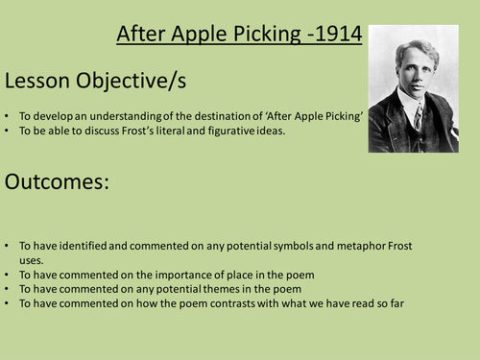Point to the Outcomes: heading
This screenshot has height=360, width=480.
tap(60, 182)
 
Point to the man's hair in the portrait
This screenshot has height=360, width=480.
tap(412, 43)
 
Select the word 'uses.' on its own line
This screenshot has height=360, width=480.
tap(33, 260)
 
